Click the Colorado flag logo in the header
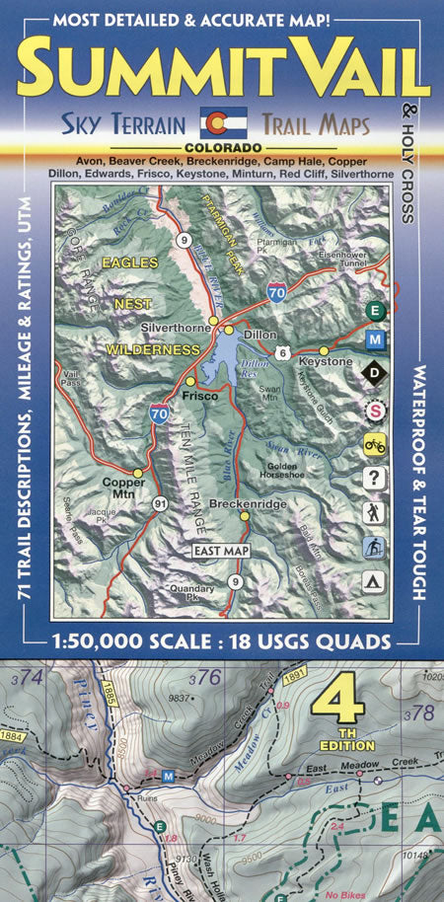coord(221,122)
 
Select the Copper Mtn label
coord(117,489)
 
